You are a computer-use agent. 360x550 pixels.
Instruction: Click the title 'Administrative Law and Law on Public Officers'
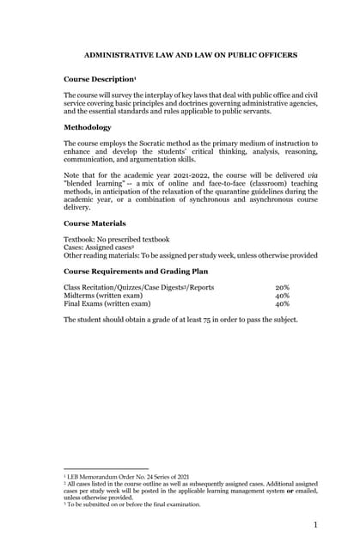point(191,55)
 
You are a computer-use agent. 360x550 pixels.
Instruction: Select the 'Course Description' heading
point(99,79)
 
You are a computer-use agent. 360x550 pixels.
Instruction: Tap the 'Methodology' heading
point(88,127)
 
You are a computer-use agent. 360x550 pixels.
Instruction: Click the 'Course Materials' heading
point(95,223)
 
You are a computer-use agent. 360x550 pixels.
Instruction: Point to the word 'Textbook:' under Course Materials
point(82,239)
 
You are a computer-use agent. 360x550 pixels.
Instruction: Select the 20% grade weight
point(282,287)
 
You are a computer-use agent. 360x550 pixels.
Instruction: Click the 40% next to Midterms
point(282,296)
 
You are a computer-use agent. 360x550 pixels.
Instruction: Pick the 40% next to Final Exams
point(282,303)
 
